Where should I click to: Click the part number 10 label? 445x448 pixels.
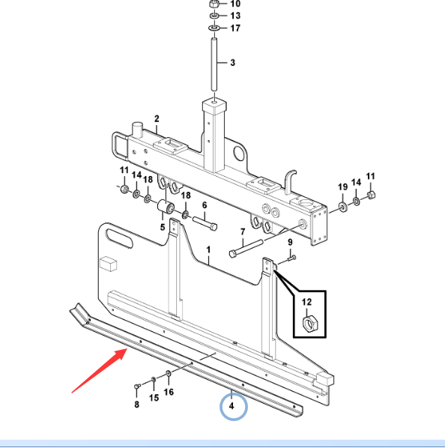(235, 4)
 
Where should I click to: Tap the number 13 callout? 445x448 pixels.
(235, 16)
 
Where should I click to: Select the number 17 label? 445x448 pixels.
(235, 28)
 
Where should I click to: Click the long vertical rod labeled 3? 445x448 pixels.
(214, 64)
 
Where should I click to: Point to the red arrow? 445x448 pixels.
(100, 371)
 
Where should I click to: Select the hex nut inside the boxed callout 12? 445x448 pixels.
(308, 324)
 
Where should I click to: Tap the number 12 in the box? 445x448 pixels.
(306, 302)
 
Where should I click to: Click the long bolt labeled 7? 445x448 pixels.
(246, 248)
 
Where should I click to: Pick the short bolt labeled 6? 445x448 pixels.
(205, 223)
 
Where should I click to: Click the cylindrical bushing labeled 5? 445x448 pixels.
(166, 207)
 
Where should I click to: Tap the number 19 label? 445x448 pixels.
(343, 187)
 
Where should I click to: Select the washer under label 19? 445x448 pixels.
(342, 207)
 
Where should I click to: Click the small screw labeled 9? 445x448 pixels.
(291, 258)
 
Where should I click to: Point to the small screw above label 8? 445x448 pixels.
(137, 387)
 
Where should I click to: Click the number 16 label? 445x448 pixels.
(169, 392)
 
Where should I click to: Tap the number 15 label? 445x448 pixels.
(154, 397)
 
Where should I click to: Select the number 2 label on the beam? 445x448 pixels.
(157, 119)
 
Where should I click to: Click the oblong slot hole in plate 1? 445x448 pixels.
(119, 238)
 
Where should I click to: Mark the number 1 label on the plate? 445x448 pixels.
(208, 249)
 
